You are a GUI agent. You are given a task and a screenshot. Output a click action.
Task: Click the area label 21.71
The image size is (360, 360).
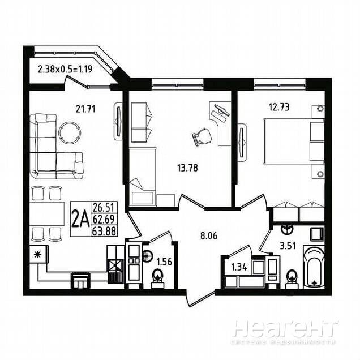pos(85,109)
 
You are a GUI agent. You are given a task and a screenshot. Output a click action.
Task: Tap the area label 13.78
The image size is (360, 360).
pos(187,168)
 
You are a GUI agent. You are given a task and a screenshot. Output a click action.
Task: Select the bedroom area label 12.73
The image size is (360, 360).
pos(279,107)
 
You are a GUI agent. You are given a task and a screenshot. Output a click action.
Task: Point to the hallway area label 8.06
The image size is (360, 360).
pos(209,236)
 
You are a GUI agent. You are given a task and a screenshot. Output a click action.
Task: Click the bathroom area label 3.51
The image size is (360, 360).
pos(288,246)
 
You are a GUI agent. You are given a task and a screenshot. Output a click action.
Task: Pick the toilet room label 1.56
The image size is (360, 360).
pos(164,262)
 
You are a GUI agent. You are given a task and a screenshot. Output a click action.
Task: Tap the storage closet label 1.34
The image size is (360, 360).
pos(239,267)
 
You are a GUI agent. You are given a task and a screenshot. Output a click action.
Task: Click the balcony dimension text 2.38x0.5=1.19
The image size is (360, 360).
pos(65,69)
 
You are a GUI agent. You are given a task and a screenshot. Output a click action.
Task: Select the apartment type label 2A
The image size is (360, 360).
pos(80,219)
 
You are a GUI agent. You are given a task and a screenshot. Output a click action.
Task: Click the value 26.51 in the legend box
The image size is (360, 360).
pos(104,208)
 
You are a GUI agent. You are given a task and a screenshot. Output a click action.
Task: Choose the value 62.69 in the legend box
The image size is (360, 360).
pos(104,219)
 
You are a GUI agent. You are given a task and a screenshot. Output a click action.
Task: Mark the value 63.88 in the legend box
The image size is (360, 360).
pos(104,231)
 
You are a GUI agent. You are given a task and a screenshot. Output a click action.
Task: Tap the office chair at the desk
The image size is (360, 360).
pos(203,136)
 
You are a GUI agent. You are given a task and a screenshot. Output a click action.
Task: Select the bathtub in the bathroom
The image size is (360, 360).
pos(314,267)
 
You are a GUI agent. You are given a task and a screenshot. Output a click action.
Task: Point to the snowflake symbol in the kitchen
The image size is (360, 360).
pos(37,254)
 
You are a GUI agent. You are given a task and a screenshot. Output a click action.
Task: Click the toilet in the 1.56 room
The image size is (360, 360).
pos(157,278)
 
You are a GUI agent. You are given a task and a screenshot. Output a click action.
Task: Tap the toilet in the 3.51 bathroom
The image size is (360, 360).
pos(292,278)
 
